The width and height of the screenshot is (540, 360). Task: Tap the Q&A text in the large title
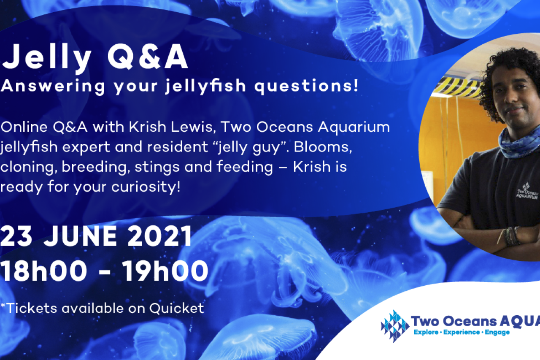pos(148,57)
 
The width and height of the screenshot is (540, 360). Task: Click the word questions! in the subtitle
pos(307,86)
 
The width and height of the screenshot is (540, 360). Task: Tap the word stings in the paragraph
pos(157,167)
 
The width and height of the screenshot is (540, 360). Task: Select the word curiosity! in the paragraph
pos(146,187)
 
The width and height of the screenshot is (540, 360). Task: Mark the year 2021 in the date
pos(159,236)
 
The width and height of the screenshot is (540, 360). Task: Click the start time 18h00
pos(43,271)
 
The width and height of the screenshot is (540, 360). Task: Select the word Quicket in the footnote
pos(176,309)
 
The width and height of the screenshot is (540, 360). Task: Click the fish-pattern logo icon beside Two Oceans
pos(395,326)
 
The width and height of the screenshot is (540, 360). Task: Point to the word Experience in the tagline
pos(462,332)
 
